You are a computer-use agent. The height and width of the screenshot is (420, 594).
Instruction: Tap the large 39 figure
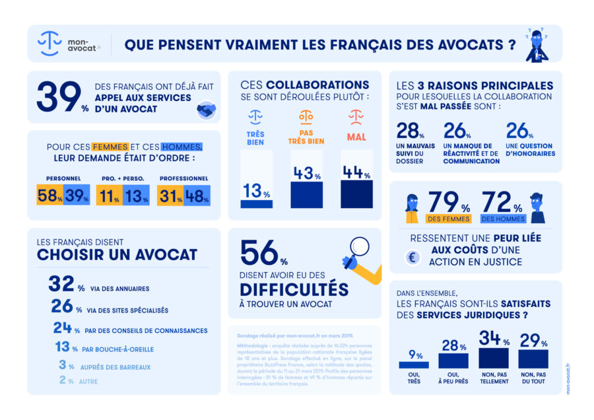point(58,97)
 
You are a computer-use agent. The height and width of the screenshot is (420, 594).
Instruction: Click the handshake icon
point(207,110)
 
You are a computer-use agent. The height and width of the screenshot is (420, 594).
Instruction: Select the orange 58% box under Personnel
point(50,195)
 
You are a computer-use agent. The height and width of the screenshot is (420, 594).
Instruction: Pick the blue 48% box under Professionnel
point(197,195)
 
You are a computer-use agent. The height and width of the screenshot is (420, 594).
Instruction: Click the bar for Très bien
point(256,204)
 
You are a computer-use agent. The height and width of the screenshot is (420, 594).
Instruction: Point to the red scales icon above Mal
point(356,118)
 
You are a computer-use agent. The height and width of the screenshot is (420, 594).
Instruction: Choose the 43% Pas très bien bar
point(307,194)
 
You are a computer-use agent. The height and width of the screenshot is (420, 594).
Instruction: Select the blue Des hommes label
point(504,219)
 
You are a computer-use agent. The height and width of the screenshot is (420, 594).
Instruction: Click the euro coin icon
point(412,258)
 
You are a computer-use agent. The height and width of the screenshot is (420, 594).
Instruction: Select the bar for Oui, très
point(414,365)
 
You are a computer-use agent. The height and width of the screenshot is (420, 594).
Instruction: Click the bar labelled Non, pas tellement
point(494,358)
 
